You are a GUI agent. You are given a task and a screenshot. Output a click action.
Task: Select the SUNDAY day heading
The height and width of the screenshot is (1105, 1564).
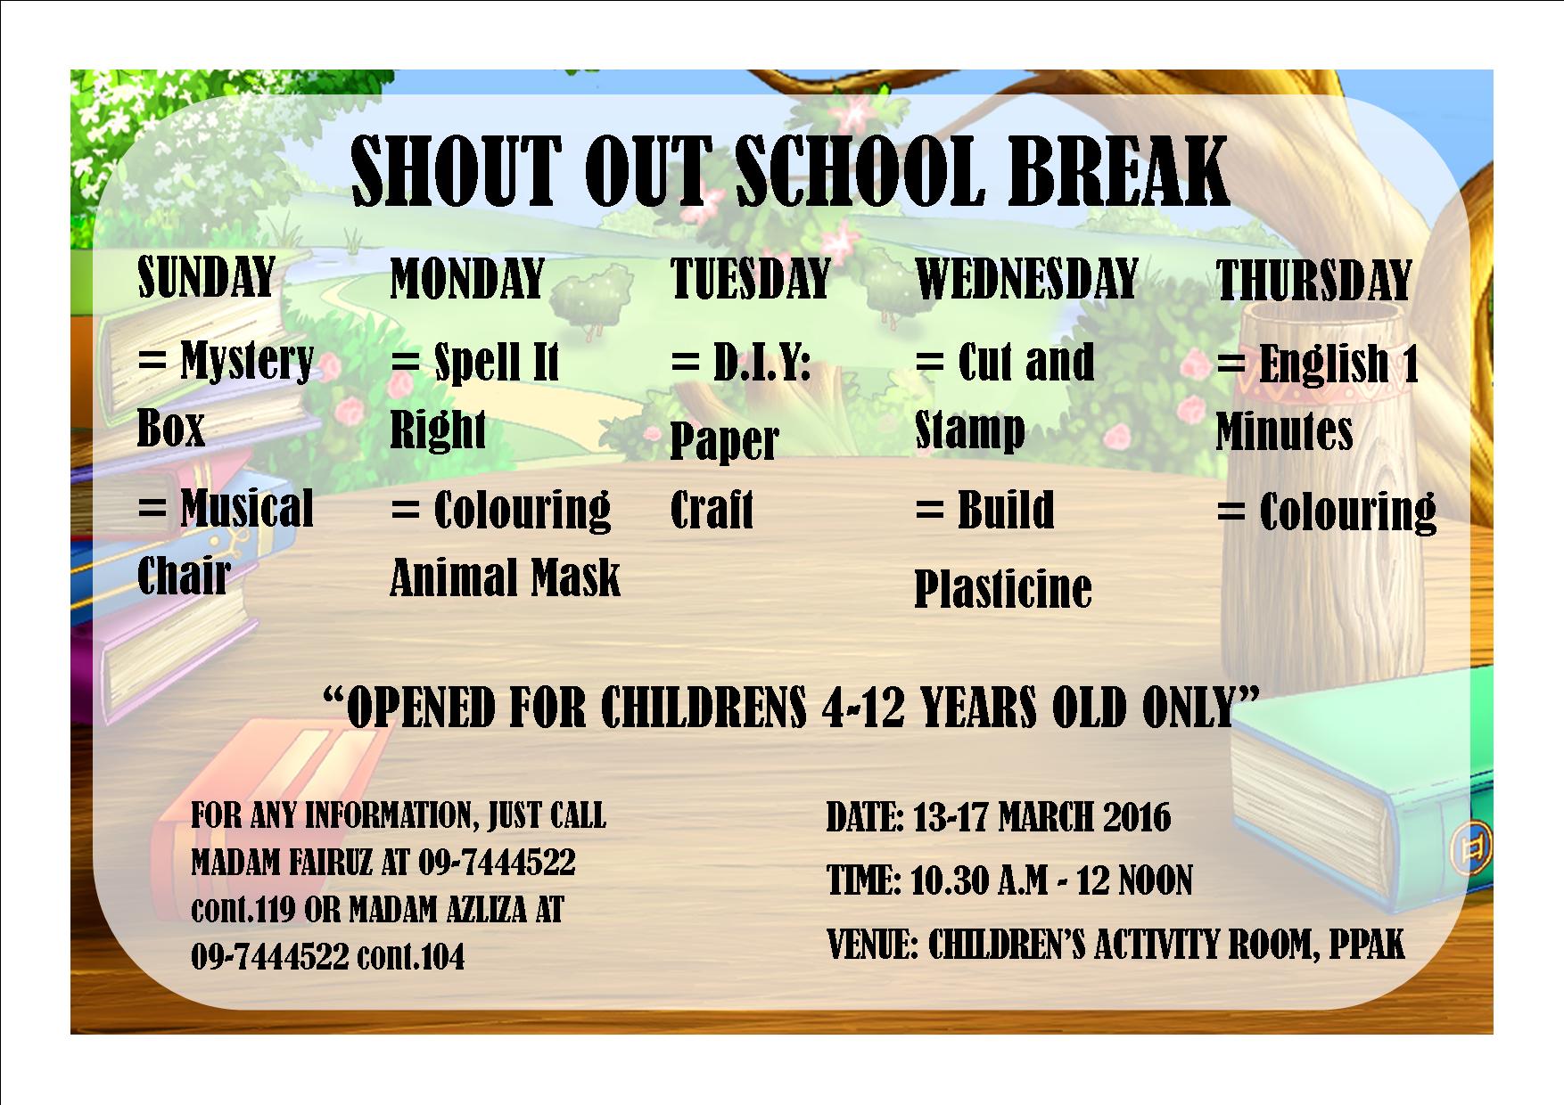[x=207, y=277]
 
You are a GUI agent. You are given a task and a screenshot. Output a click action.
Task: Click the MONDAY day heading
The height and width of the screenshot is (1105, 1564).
[x=467, y=278]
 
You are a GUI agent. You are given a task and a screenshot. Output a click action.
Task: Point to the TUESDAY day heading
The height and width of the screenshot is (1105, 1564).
[x=750, y=278]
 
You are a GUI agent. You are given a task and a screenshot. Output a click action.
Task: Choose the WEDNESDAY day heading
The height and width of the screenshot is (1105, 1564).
[x=1026, y=278]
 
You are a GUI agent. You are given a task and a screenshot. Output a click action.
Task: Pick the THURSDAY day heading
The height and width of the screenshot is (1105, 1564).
[x=1313, y=280]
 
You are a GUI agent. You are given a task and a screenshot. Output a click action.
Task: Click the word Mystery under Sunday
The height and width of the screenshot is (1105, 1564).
[x=247, y=362]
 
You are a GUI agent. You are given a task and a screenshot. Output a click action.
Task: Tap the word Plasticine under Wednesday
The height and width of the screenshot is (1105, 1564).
[x=1003, y=588]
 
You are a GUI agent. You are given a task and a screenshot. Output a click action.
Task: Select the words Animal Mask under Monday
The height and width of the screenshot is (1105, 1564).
[x=505, y=577]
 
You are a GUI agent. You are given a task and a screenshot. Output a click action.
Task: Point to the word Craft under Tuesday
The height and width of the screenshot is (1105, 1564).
[x=712, y=509]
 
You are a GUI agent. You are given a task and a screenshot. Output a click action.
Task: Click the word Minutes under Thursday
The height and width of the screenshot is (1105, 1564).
[x=1284, y=431]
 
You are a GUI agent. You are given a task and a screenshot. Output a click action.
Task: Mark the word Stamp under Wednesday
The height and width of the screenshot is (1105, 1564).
[x=970, y=430]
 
